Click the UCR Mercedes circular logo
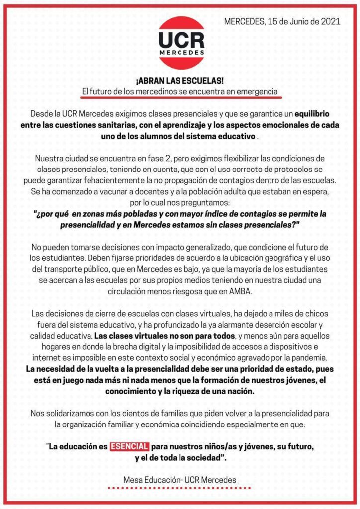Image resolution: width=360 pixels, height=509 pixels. pos(181,42)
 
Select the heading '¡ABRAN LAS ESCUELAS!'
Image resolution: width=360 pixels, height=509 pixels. pos(180,80)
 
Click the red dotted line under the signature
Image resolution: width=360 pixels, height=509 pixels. pos(180,488)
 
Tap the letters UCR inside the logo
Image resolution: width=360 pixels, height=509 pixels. pos(181,40)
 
